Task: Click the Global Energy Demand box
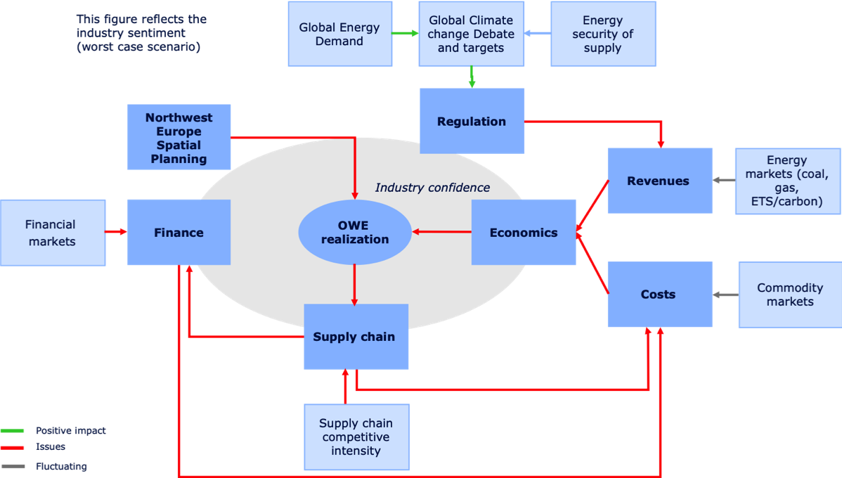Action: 339,34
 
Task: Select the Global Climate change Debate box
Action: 471,34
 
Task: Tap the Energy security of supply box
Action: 602,34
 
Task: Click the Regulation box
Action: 472,121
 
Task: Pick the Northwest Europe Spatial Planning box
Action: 179,138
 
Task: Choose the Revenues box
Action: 659,181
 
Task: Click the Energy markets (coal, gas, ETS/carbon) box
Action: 786,181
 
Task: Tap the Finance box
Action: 179,233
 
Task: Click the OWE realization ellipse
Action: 354,233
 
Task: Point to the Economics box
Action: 523,233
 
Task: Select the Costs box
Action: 659,295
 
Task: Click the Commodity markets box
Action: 789,295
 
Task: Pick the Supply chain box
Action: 354,337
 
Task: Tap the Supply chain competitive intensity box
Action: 356,437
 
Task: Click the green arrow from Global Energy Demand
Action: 406,33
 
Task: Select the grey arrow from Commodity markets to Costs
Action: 725,295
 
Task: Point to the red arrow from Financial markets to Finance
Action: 116,231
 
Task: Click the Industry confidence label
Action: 432,188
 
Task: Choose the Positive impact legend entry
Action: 70,431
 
